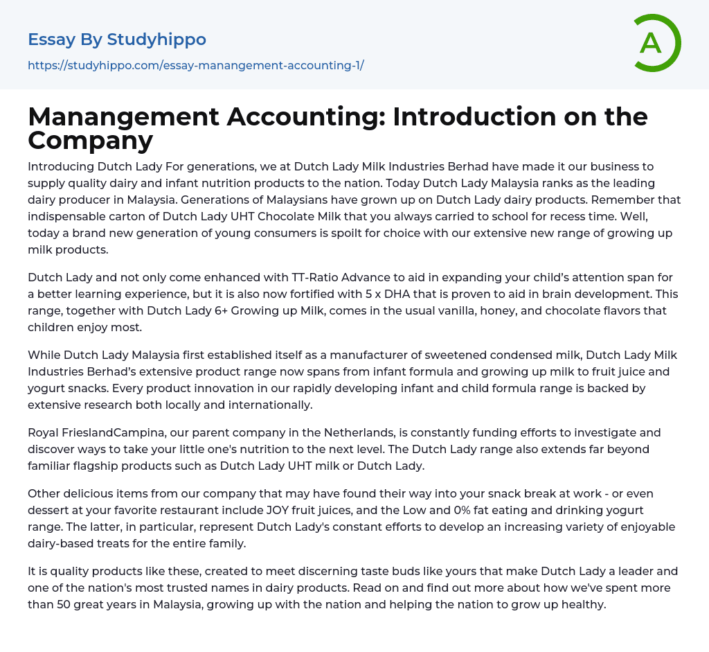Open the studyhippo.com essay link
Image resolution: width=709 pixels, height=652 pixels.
point(195,66)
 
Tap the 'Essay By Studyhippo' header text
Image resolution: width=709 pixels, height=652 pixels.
point(116,39)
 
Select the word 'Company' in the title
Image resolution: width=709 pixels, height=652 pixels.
point(90,141)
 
